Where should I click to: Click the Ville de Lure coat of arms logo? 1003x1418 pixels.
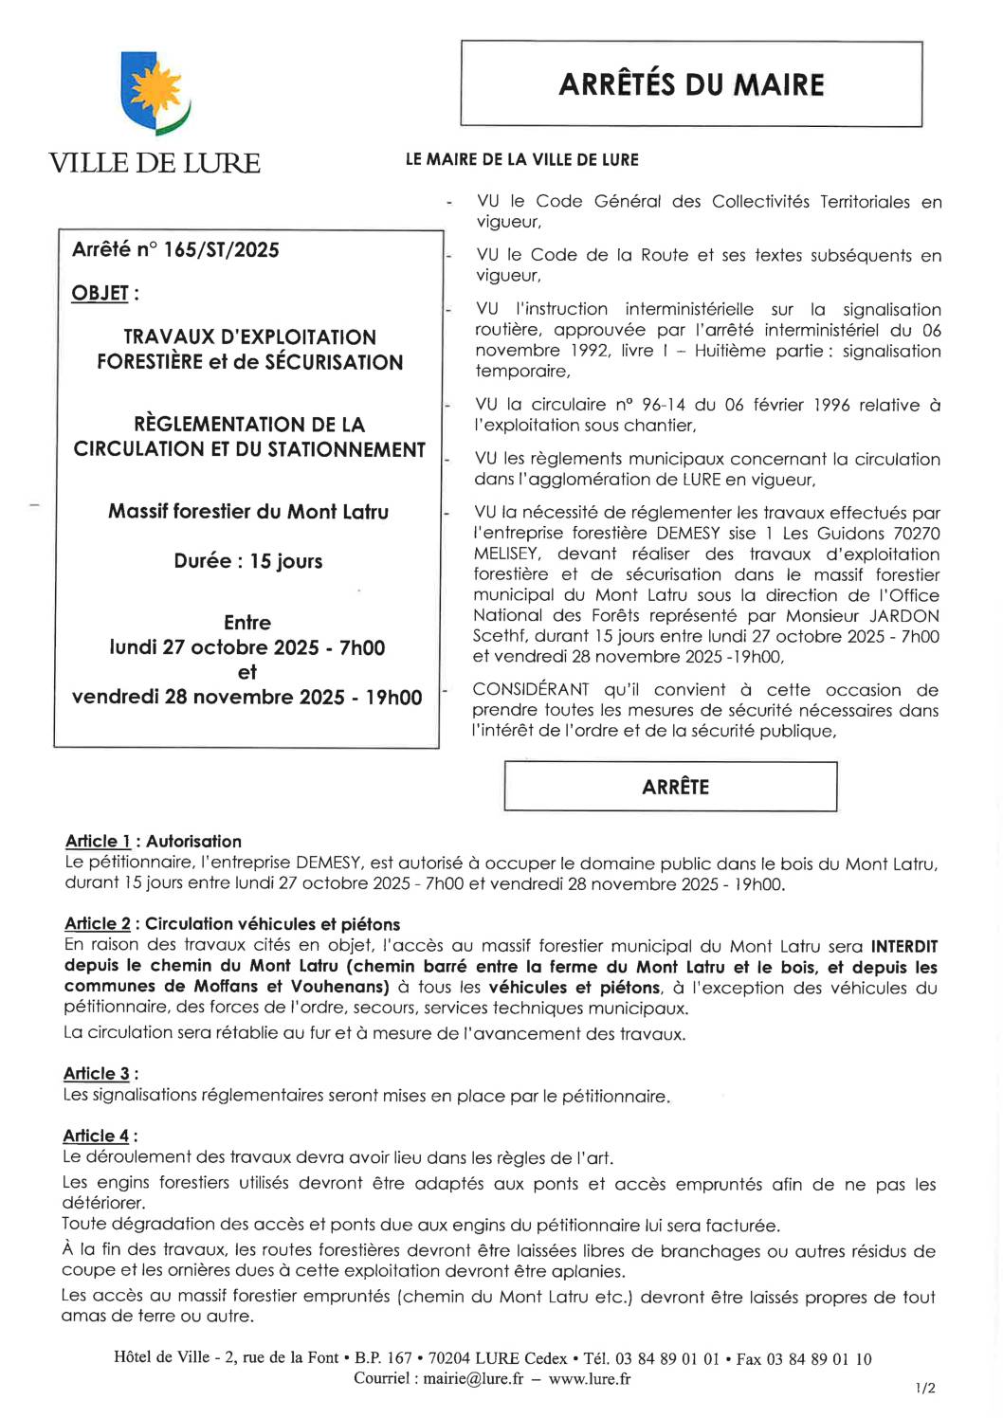tap(155, 96)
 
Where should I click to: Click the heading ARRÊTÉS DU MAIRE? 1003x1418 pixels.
tap(691, 84)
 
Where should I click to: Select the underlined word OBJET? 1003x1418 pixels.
tap(100, 294)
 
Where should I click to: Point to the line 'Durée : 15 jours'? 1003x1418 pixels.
tap(247, 561)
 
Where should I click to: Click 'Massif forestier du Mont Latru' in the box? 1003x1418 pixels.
tap(247, 512)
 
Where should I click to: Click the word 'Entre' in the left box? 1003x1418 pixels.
tap(247, 623)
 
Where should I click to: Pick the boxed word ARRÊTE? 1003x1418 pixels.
tap(675, 787)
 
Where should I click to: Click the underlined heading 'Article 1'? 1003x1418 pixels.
tap(98, 842)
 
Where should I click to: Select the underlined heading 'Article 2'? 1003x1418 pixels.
tap(98, 924)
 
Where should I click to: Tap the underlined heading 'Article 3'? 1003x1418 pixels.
tap(96, 1074)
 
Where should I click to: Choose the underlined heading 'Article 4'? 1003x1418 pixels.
tap(96, 1136)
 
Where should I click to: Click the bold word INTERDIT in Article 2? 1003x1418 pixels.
tap(903, 947)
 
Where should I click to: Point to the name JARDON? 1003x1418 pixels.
tap(904, 616)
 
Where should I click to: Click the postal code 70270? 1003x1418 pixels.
tap(916, 534)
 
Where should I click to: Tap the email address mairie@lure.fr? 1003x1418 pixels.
tap(473, 1379)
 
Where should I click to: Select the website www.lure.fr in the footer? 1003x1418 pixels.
tap(590, 1379)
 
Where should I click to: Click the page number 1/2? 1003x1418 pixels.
tap(925, 1389)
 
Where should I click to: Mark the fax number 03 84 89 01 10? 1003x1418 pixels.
tap(819, 1359)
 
